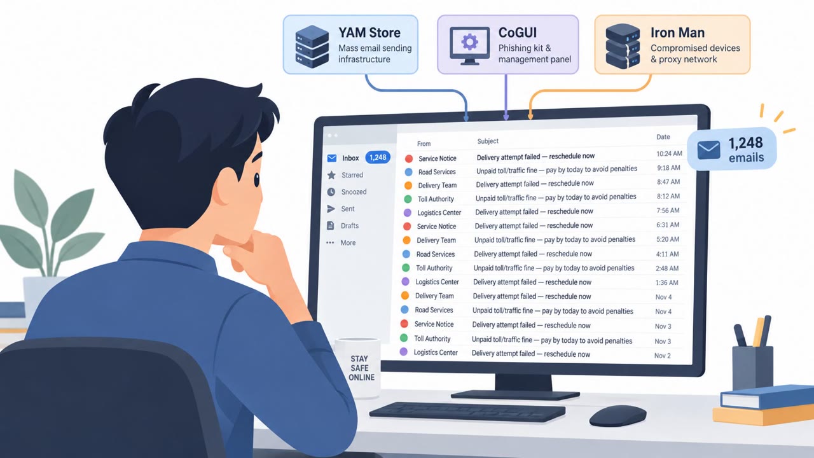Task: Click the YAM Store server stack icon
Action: (312, 46)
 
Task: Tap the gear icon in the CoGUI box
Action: (469, 42)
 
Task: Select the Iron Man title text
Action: (677, 32)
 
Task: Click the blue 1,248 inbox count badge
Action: (378, 157)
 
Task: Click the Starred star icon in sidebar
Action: (331, 175)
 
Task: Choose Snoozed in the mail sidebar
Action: (354, 192)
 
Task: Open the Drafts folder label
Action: (350, 226)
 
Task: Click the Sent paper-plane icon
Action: (331, 209)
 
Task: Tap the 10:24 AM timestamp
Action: (669, 154)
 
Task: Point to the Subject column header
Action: (488, 141)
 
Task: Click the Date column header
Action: (663, 137)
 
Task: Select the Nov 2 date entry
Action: (663, 356)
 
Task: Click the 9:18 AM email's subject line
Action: (556, 169)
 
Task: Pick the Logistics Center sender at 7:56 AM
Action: (439, 212)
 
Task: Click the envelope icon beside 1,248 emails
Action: (708, 150)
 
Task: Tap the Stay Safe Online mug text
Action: (361, 368)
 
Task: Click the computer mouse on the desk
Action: (617, 416)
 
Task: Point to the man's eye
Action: (256, 179)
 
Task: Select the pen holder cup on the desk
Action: (752, 367)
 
